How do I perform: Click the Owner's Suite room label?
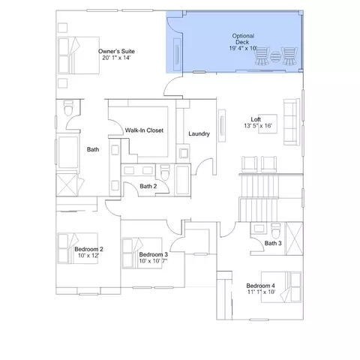coord(116,51)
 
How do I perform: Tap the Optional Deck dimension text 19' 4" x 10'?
coord(243,48)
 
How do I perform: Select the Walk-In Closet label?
coord(144,130)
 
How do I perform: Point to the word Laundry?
coord(199,133)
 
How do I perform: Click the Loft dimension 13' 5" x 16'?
coord(258,126)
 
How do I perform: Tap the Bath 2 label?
coord(148,186)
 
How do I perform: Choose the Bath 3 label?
coord(273,243)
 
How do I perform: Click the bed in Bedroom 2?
coord(78,248)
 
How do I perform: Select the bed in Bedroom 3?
coord(142,253)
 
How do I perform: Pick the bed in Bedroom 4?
coord(281,287)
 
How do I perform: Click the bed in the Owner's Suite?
coord(79,55)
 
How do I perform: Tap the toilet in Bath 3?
coord(276,230)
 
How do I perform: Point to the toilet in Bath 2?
coord(165,172)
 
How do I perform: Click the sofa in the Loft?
coord(292,121)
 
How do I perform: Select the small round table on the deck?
coord(275,57)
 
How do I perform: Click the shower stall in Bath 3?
coord(294,238)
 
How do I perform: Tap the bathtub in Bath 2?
coord(183,180)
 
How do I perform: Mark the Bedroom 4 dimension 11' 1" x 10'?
coord(262,292)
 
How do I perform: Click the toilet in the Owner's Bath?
coord(68,108)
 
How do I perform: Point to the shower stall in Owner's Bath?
coord(67,184)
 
